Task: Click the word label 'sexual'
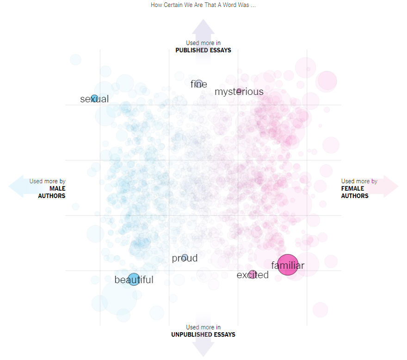coord(94,99)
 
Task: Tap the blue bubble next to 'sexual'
coord(94,98)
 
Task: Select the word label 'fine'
coord(198,84)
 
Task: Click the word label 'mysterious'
coord(239,92)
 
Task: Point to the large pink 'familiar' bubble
coord(288,265)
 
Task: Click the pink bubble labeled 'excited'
coord(252,274)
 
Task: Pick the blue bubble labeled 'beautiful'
coord(134,279)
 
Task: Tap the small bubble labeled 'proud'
coord(185,258)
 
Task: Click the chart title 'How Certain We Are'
coord(203,5)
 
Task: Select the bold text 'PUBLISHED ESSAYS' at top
coord(203,50)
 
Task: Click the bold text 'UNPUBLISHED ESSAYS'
coord(203,335)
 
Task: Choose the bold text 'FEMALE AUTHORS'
coord(355,192)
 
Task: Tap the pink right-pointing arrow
coord(388,186)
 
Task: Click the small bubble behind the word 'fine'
coord(199,84)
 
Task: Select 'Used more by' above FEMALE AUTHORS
coord(359,181)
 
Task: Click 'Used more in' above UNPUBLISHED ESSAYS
coord(203,328)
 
